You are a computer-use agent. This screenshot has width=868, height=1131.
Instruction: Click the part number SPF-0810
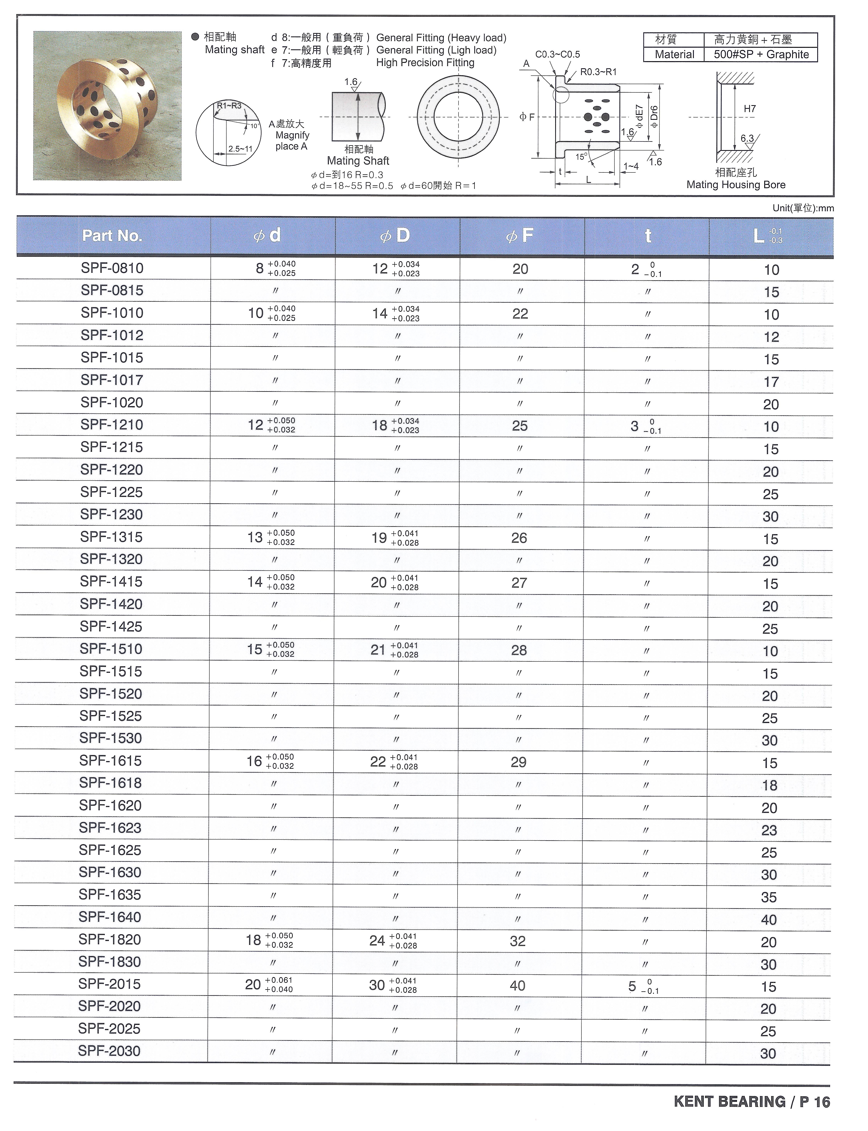click(x=112, y=268)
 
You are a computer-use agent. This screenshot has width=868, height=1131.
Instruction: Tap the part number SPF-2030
click(x=109, y=1050)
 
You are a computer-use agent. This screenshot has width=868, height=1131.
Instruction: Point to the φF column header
click(x=520, y=236)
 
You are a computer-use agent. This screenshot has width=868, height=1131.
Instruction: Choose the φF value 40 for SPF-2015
click(x=518, y=985)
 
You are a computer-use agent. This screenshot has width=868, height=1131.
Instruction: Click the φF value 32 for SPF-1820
click(x=518, y=941)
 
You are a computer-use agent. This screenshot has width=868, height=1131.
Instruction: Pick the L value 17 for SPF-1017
click(x=771, y=382)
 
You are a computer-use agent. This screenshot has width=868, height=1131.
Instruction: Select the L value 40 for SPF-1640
click(x=769, y=919)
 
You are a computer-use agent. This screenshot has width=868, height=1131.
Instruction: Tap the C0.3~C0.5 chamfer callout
click(x=558, y=54)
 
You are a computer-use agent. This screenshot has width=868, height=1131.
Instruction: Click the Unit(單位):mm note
click(x=803, y=208)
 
